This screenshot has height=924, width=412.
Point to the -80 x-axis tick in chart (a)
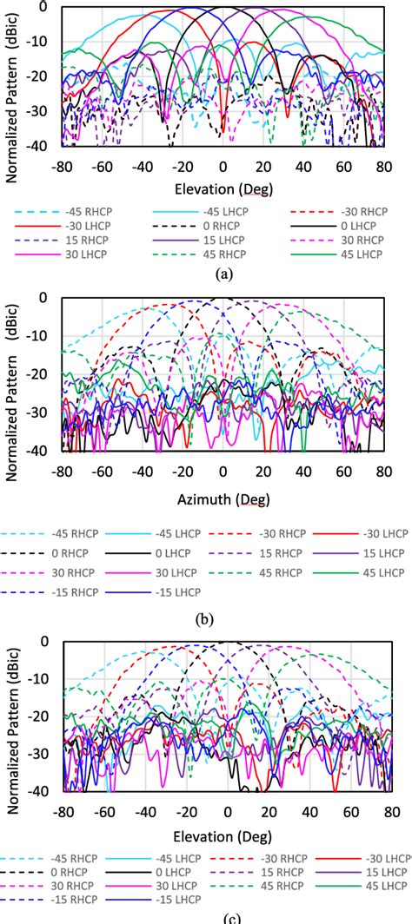(63, 166)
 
